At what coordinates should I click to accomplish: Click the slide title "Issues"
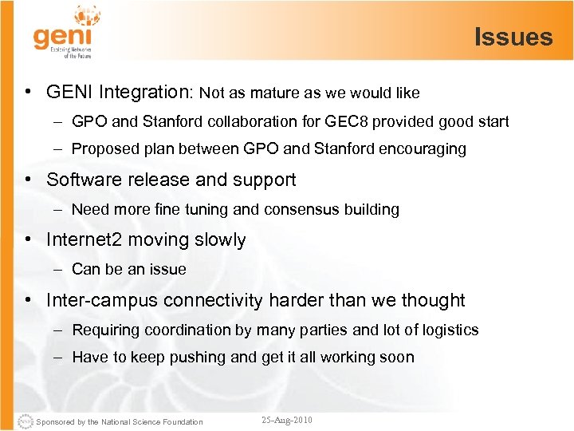coord(513,37)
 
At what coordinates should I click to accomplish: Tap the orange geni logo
coord(63,37)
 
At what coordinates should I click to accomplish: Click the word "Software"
coord(82,180)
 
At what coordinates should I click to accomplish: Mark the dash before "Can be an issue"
coord(59,269)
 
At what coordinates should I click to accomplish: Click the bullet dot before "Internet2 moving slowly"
coord(27,239)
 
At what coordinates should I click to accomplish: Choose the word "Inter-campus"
coord(103,300)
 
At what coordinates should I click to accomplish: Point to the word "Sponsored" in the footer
coord(55,421)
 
